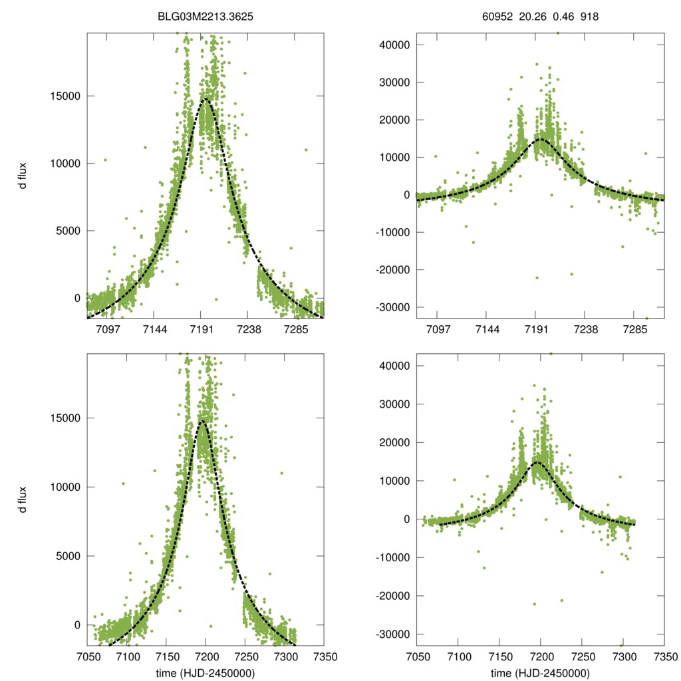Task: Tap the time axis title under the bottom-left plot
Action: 205,674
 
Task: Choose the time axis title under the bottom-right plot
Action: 541,674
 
